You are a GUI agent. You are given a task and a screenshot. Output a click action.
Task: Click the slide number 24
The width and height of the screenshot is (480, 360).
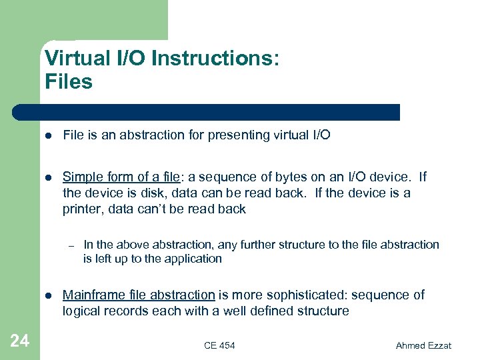pyautogui.click(x=20, y=341)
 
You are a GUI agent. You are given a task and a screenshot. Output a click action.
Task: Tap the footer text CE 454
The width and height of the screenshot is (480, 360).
pyautogui.click(x=219, y=345)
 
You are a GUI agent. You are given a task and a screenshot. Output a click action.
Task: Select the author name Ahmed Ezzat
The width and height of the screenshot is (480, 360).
pyautogui.click(x=423, y=345)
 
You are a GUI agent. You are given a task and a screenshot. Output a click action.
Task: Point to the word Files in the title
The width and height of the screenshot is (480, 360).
pyautogui.click(x=69, y=82)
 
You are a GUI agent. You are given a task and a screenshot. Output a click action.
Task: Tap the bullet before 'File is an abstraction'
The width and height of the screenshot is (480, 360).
pyautogui.click(x=47, y=135)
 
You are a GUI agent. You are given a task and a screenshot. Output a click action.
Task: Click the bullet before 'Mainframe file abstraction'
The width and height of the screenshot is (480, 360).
pyautogui.click(x=47, y=295)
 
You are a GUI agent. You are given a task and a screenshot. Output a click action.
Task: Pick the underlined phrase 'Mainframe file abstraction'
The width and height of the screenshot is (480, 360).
pyautogui.click(x=139, y=295)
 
